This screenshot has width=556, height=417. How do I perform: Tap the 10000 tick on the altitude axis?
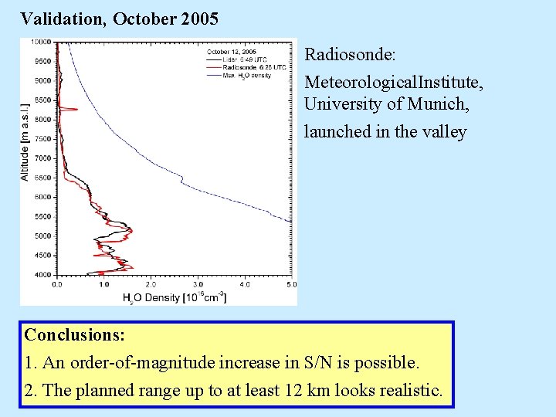click(x=41, y=42)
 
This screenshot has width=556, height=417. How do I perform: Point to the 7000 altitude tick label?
click(x=42, y=158)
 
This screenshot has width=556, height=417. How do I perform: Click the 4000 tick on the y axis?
click(x=42, y=275)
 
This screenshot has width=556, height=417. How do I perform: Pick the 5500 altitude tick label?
click(x=42, y=217)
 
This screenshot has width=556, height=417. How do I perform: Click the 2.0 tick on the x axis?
click(x=151, y=285)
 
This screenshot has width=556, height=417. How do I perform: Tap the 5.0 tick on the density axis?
click(x=291, y=285)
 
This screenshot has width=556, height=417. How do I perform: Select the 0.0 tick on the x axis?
click(x=57, y=285)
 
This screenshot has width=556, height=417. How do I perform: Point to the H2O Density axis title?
click(x=174, y=297)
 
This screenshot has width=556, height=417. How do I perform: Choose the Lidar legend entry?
click(x=232, y=59)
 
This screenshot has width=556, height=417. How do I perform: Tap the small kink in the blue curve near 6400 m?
click(x=181, y=182)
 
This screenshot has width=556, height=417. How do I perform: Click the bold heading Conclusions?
click(x=75, y=335)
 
